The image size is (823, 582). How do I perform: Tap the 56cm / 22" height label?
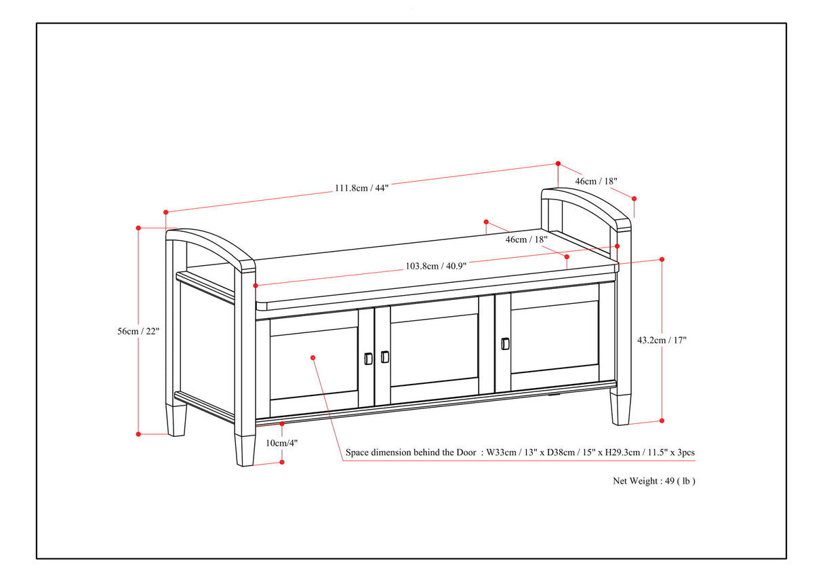click(x=138, y=330)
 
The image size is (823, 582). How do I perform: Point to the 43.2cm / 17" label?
click(x=662, y=341)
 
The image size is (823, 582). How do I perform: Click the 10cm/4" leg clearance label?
click(x=281, y=443)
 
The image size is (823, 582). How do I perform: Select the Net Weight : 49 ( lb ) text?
click(x=654, y=481)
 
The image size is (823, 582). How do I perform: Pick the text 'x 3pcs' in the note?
click(x=679, y=452)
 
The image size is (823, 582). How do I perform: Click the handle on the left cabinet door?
click(x=368, y=357)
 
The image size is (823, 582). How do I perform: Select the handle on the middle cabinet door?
click(x=385, y=356)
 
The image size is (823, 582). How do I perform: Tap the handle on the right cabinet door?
click(x=504, y=343)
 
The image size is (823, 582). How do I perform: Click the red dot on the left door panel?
click(x=313, y=357)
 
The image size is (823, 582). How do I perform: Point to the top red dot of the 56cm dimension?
click(x=138, y=228)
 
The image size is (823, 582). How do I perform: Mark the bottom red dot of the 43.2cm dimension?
click(x=662, y=421)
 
